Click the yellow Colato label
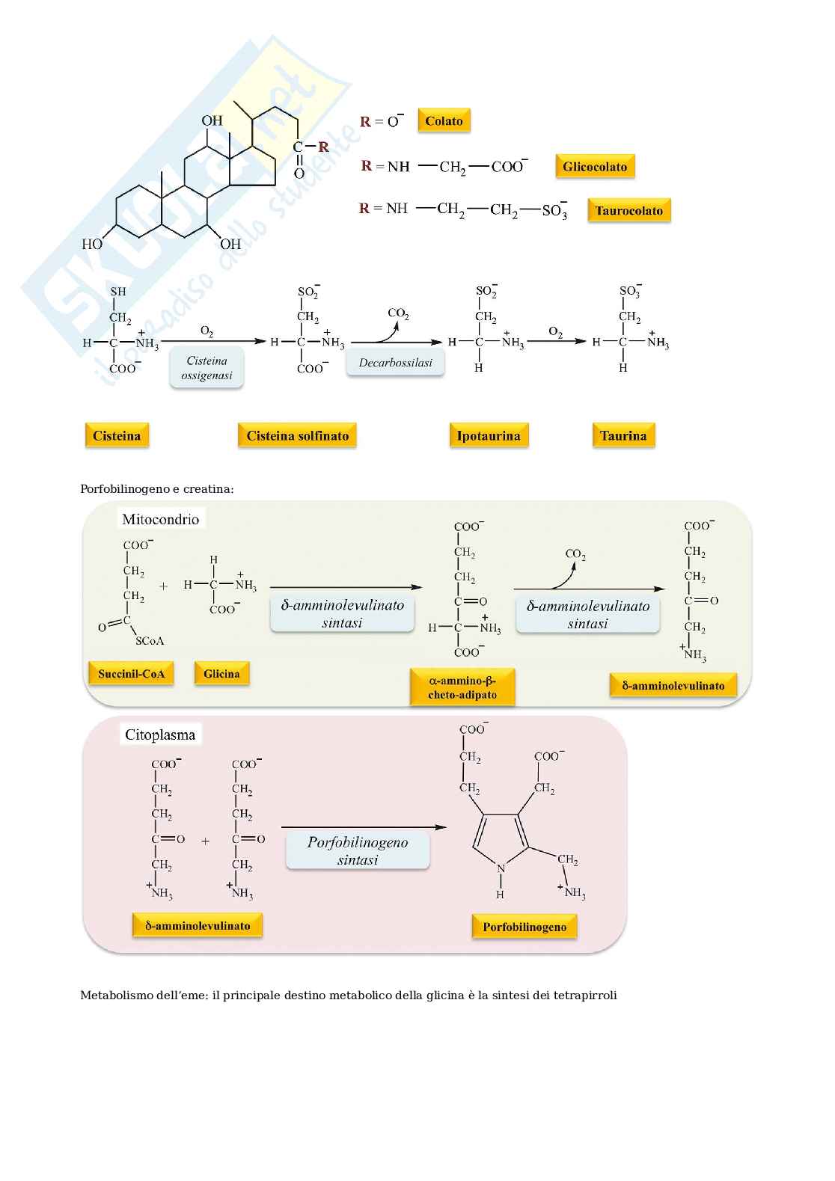coord(444,121)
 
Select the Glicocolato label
coord(595,167)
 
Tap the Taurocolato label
coord(629,211)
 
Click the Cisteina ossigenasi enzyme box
coord(207,368)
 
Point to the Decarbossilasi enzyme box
coord(395,363)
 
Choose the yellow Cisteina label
coord(117,436)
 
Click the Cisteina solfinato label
coord(297,436)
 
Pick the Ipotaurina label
coord(489,436)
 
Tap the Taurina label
coord(623,436)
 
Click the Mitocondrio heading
coord(161,519)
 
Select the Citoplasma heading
coord(160,734)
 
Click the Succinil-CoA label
coord(131,674)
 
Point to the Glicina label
coord(221,674)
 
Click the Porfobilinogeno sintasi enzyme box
coord(358,851)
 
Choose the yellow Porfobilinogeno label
coord(524,927)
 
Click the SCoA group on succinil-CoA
coord(150,641)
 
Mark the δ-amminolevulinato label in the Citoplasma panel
coord(198,926)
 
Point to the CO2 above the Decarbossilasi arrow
coord(398,313)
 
